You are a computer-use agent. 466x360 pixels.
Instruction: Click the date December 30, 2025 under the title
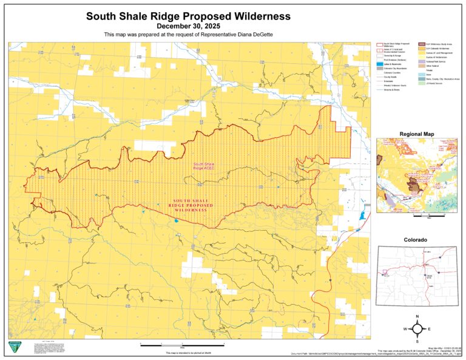tap(188, 26)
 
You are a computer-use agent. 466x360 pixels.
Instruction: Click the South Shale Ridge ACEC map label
tap(204, 166)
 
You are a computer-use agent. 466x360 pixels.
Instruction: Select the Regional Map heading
tap(417, 134)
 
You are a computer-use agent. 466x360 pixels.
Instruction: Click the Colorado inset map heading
tap(417, 240)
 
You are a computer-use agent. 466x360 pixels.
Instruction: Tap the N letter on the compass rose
tap(417, 316)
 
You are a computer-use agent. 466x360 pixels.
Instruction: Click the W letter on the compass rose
tap(404, 329)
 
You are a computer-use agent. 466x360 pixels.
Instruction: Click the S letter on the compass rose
tap(417, 342)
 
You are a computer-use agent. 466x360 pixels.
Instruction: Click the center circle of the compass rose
tap(417, 329)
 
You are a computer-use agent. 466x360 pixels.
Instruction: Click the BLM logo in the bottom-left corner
tap(14, 347)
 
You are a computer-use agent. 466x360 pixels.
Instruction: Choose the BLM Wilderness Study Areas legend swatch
tap(421, 45)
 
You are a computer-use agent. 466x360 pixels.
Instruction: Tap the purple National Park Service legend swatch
tap(421, 62)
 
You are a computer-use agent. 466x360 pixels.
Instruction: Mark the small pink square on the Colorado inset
tap(383, 273)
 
